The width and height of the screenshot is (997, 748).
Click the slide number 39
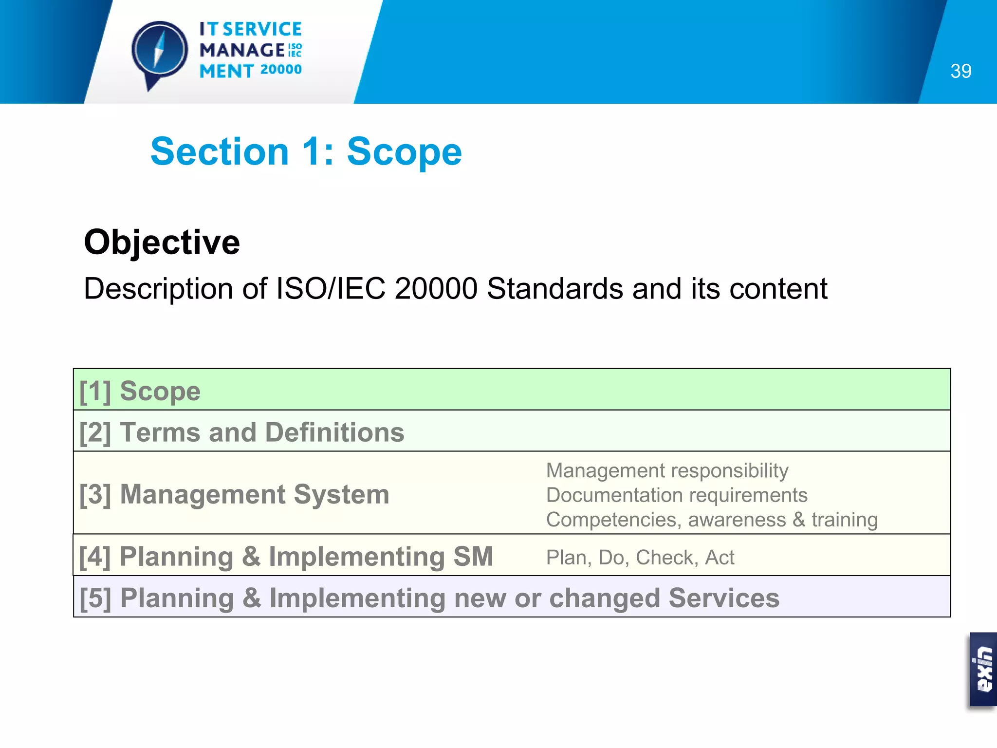click(960, 71)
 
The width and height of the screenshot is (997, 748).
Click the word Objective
click(162, 242)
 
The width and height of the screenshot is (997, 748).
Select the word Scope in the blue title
click(404, 151)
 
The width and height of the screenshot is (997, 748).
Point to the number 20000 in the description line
click(436, 288)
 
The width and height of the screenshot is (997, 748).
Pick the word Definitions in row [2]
click(334, 432)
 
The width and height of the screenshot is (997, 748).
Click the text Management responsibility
click(667, 470)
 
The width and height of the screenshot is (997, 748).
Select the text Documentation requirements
click(677, 495)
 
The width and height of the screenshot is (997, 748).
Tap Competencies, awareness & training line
click(712, 520)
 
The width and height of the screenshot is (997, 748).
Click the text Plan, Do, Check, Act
click(640, 557)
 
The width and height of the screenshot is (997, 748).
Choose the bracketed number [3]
click(95, 494)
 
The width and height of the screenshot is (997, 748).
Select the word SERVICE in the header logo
click(262, 29)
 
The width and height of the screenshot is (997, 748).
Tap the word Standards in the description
click(554, 288)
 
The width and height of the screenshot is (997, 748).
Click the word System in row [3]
click(341, 494)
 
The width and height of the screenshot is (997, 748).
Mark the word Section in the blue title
click(220, 151)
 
